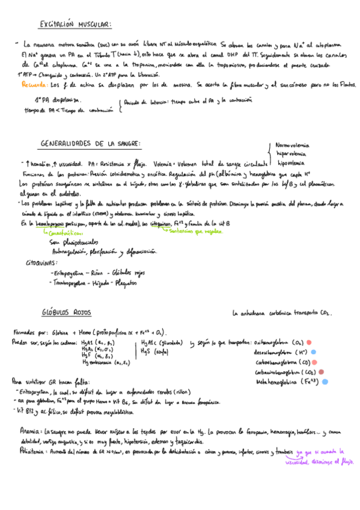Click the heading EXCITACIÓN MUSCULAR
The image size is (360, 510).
pos(75,25)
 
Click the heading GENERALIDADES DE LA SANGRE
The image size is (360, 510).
pos(91,144)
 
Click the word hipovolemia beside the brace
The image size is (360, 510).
pos(291,162)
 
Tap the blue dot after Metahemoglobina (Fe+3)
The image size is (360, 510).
pos(325,381)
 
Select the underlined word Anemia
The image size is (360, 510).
pos(29,432)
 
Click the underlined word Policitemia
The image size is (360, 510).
pos(34,450)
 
